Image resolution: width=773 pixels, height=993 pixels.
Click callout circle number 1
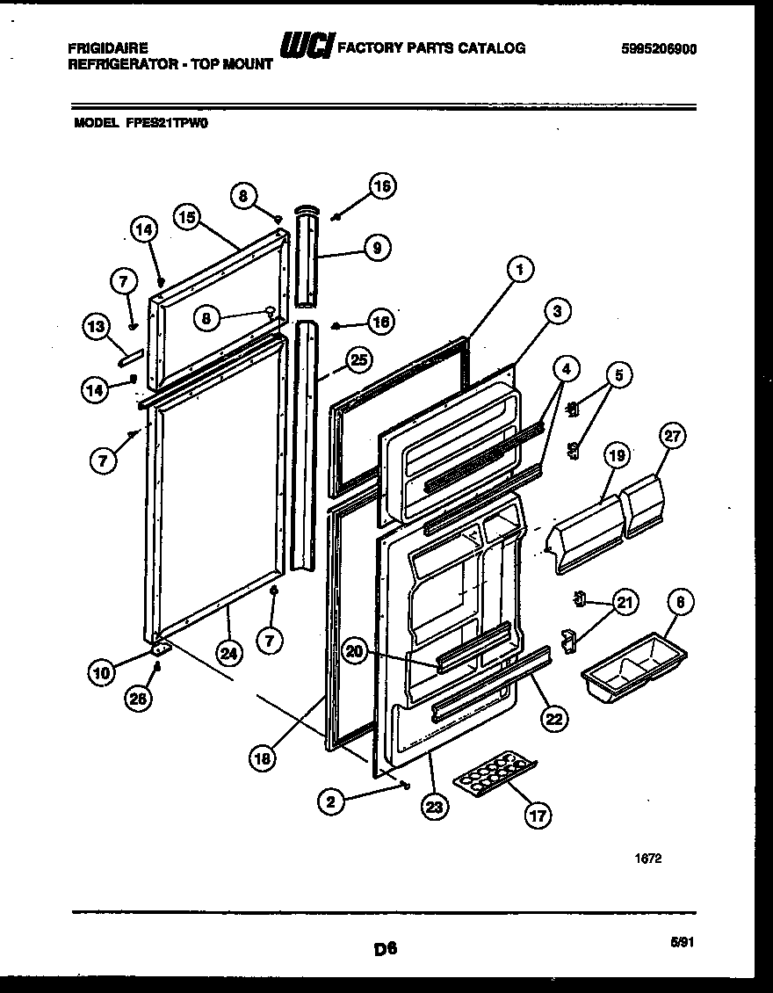pyautogui.click(x=520, y=271)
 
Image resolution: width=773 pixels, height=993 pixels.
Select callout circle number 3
pyautogui.click(x=556, y=310)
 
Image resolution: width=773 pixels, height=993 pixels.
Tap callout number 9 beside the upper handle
pyautogui.click(x=376, y=248)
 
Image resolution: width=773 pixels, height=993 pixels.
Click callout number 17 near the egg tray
pyautogui.click(x=538, y=815)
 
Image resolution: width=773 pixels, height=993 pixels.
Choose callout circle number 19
pyautogui.click(x=618, y=455)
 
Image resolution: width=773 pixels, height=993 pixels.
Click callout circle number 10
pyautogui.click(x=103, y=674)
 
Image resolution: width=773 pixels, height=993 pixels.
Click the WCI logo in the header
pyautogui.click(x=305, y=48)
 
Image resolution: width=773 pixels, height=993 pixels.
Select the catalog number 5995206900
pyautogui.click(x=659, y=49)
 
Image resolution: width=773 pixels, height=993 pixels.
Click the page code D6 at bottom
pyautogui.click(x=385, y=947)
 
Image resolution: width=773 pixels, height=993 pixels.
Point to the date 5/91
pyautogui.click(x=681, y=941)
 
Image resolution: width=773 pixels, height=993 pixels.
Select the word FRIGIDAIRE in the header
pyautogui.click(x=108, y=48)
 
